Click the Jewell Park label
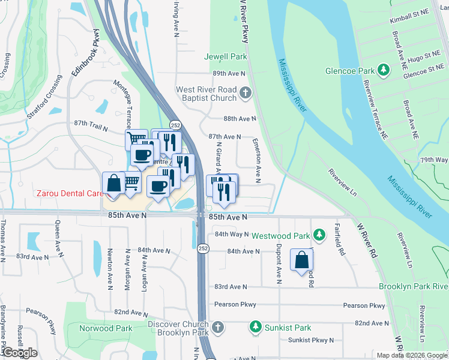[x=226, y=57]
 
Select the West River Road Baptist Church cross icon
[x=245, y=93]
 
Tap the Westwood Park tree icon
[x=320, y=233]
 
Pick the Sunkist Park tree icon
[x=256, y=326]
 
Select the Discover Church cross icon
[x=218, y=328]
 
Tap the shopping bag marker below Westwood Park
[x=301, y=260]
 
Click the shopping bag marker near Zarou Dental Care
[x=113, y=184]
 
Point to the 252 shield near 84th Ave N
[x=203, y=248]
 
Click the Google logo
[x=19, y=353]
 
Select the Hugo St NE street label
[x=424, y=59]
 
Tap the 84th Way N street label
[x=231, y=234]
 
